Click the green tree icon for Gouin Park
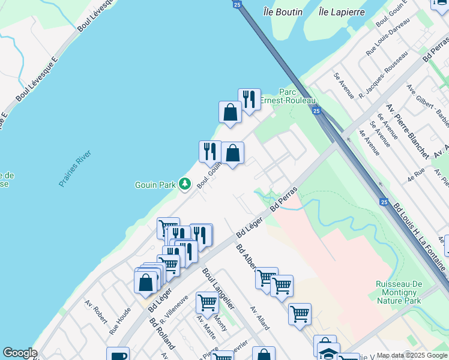pyautogui.click(x=185, y=184)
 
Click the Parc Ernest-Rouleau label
pyautogui.click(x=289, y=96)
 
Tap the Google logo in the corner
pyautogui.click(x=19, y=353)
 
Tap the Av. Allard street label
pyautogui.click(x=260, y=319)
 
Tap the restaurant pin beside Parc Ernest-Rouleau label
pyautogui.click(x=249, y=99)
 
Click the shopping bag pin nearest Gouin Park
pyautogui.click(x=232, y=153)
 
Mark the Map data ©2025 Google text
pyautogui.click(x=411, y=355)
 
